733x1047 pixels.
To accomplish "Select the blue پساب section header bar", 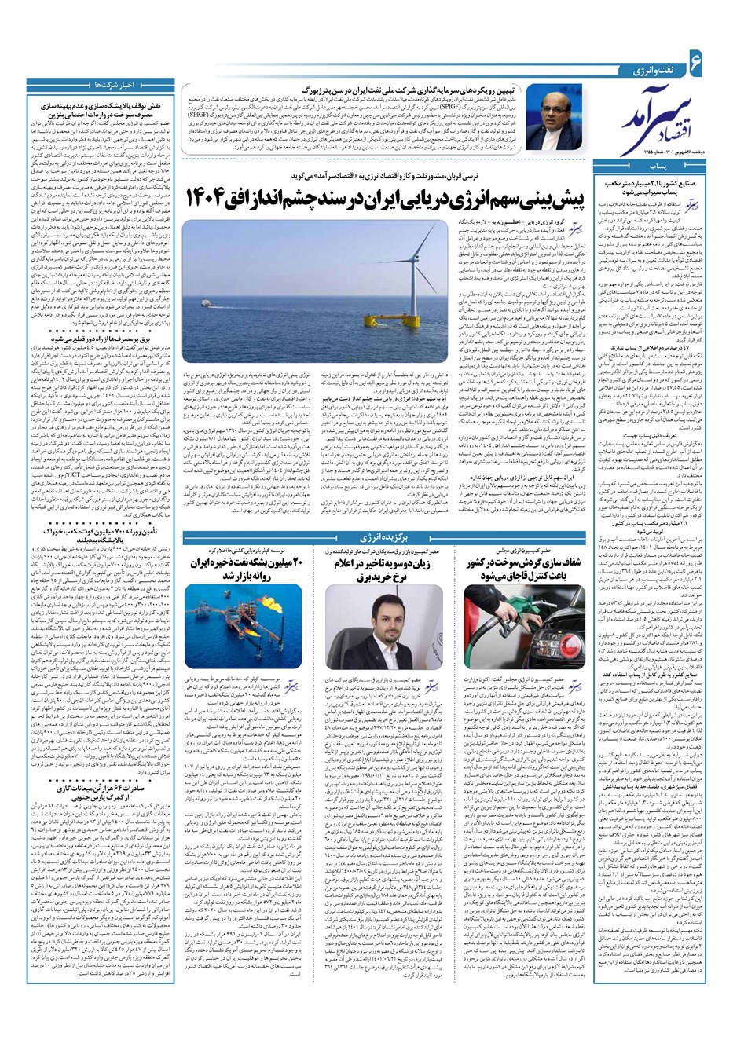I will click(x=658, y=167).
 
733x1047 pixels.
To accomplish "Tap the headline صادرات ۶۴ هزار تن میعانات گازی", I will click(x=110, y=804).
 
